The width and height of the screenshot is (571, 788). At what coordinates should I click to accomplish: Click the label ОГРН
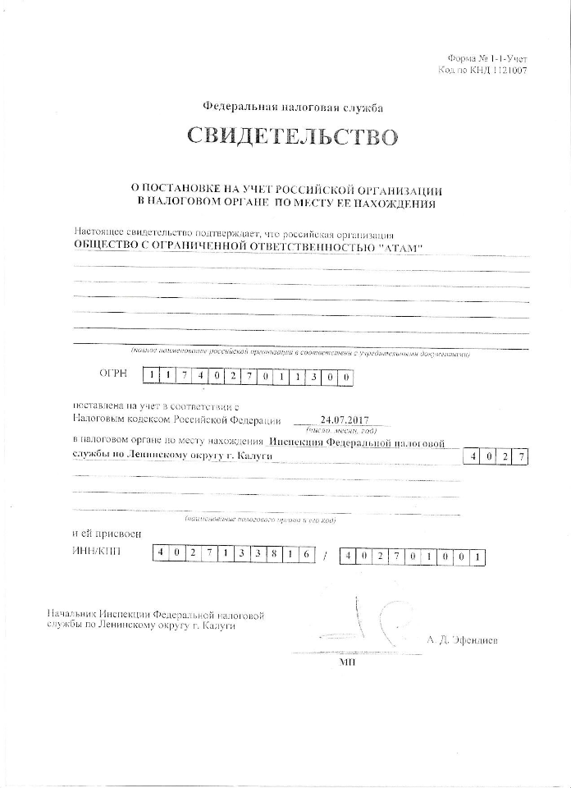click(113, 373)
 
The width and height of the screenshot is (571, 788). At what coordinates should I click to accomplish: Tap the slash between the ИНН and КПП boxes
click(326, 555)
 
